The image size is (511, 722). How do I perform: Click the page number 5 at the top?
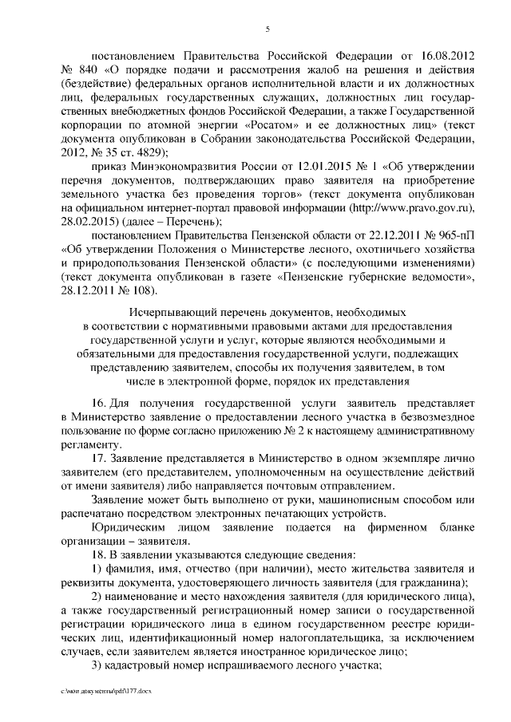267,30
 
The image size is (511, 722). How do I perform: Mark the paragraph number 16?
98,404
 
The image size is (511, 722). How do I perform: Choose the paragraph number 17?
98,459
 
